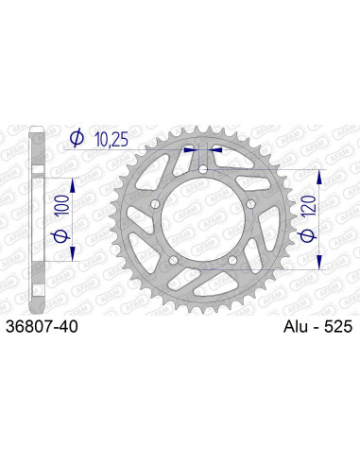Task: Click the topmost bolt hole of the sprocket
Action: [203, 169]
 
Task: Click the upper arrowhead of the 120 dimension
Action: [321, 176]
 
